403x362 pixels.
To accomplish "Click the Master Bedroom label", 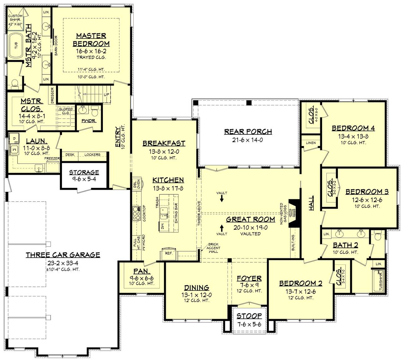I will [91, 40].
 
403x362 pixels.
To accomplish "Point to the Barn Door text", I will [56, 45].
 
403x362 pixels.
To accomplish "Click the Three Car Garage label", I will [63, 255].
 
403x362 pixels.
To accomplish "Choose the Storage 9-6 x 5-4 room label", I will [84, 172].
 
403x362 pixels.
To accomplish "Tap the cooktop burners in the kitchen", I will [136, 213].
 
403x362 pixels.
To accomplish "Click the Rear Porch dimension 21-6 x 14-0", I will [248, 140].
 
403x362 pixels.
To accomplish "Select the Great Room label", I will [250, 219].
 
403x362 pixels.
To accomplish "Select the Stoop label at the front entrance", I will [249, 316].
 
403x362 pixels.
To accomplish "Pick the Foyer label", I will [249, 278].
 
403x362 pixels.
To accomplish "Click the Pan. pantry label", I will [142, 271].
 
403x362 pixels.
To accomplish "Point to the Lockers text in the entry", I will [92, 155].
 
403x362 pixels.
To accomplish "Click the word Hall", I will [311, 203].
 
